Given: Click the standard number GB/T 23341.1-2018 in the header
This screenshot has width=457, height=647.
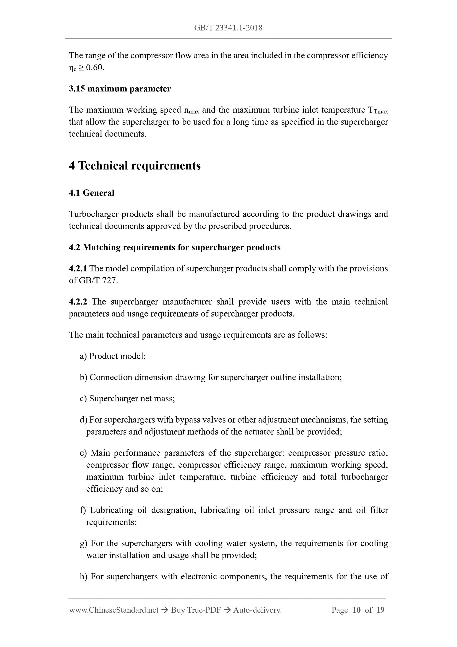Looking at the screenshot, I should pos(228,28).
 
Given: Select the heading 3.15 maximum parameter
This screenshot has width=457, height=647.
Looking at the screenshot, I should pos(120,89).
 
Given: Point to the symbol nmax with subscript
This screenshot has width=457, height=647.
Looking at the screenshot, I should pos(191,110).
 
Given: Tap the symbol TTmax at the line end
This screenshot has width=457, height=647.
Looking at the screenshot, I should pos(378,110).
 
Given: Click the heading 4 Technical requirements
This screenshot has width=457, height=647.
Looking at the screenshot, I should pos(135,166).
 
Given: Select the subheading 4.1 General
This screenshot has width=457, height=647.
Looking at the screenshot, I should pos(92,193).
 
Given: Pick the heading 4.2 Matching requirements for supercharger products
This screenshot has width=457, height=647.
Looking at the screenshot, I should pos(174,247).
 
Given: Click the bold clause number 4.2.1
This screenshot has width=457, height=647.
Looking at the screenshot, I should pos(78,269).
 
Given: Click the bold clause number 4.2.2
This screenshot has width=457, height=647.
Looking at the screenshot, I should pos(78,302).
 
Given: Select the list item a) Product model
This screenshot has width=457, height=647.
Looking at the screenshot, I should pos(113,356).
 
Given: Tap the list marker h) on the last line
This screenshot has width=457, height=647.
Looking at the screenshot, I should pos(83,576).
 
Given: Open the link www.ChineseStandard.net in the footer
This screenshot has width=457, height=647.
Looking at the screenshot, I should pos(113,610).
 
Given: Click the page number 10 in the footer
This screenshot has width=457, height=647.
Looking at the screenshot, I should pos(356,610).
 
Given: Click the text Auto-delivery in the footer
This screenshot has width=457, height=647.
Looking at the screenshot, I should pos(257,610).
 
